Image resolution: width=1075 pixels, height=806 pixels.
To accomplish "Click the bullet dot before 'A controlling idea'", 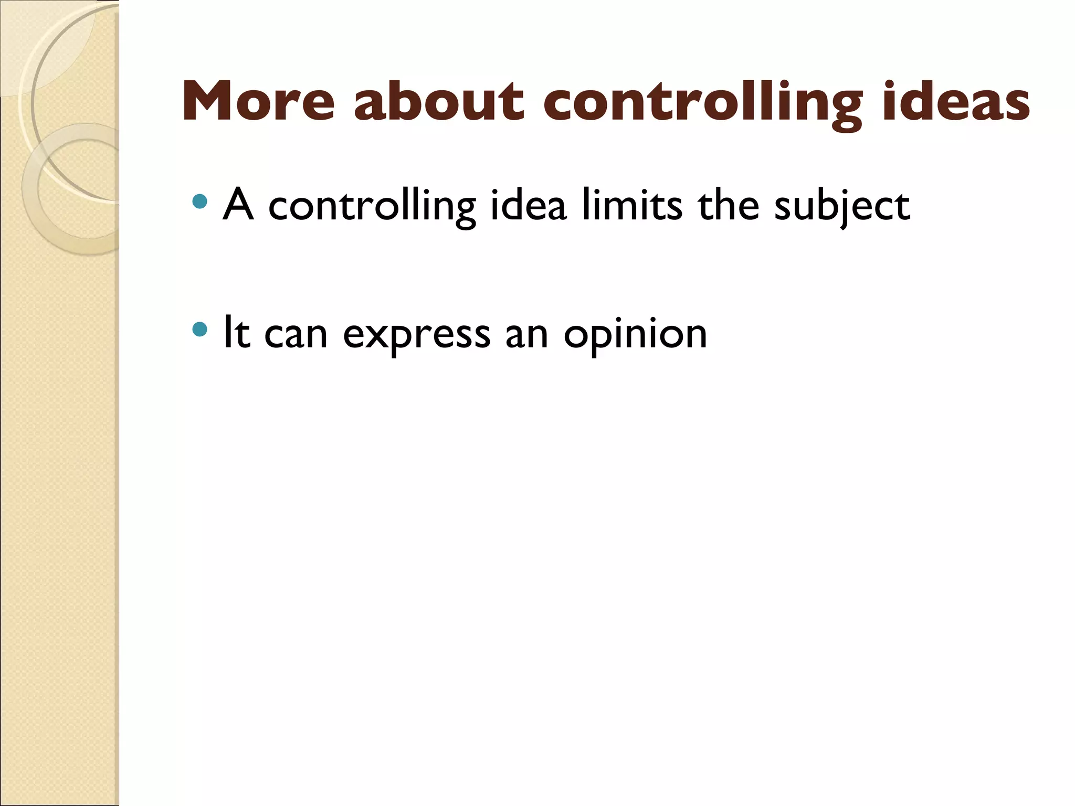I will pyautogui.click(x=200, y=201).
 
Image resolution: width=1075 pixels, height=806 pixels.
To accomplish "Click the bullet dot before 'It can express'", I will pyautogui.click(x=200, y=330).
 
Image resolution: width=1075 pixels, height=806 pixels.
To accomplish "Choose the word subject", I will pyautogui.click(x=842, y=207).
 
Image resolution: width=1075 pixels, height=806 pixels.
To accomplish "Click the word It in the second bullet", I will pyautogui.click(x=236, y=333).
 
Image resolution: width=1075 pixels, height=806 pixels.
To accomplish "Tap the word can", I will pyautogui.click(x=296, y=335).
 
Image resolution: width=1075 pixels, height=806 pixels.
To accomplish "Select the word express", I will pyautogui.click(x=417, y=336).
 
